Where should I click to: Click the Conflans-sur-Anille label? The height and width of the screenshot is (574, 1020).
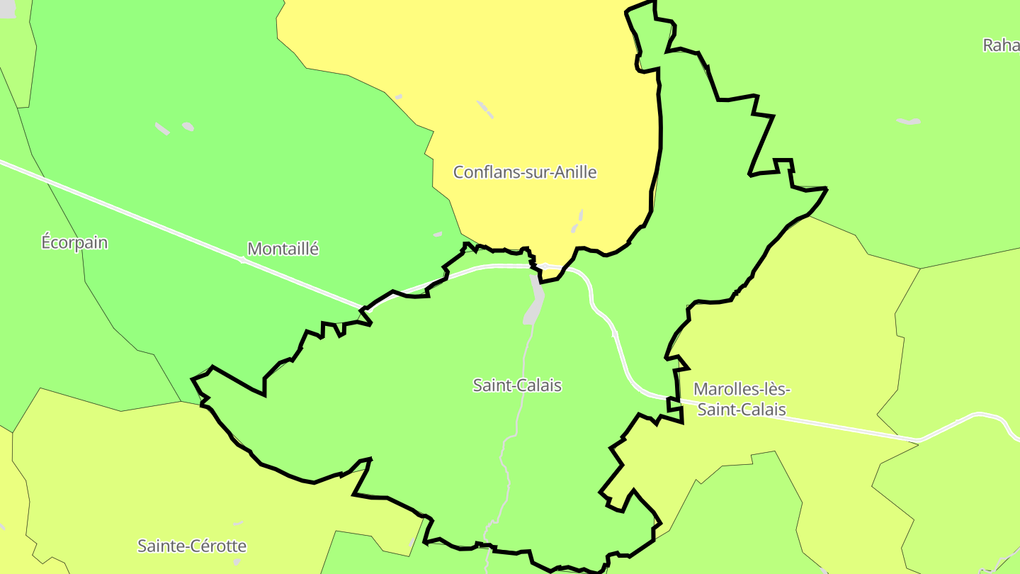[525, 172]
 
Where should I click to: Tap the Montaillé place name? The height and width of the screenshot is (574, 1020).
[283, 249]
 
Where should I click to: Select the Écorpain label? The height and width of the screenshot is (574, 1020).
[74, 242]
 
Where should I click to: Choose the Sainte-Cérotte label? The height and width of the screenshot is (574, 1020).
[192, 546]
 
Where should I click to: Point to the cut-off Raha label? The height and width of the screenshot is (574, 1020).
[1001, 45]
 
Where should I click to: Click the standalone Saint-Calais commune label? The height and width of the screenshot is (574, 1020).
[517, 386]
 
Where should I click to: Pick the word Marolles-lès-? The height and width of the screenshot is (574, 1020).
[742, 389]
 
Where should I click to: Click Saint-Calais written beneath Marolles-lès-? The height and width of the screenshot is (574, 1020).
[742, 410]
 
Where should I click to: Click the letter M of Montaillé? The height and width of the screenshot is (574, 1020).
[254, 249]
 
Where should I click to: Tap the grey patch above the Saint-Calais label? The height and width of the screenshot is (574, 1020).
[535, 301]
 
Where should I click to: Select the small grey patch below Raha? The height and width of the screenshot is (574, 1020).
[909, 122]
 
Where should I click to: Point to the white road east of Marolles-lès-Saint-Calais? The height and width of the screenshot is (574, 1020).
[850, 429]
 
